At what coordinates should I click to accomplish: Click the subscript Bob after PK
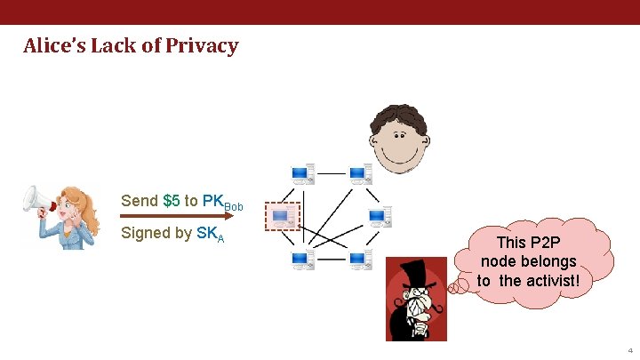[x=234, y=207]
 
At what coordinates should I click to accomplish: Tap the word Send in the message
[x=140, y=201]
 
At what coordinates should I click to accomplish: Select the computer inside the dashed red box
[x=284, y=216]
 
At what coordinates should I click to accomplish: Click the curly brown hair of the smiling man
[x=398, y=119]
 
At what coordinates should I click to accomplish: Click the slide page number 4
[x=628, y=350]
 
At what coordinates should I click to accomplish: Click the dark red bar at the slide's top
[x=320, y=12]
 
